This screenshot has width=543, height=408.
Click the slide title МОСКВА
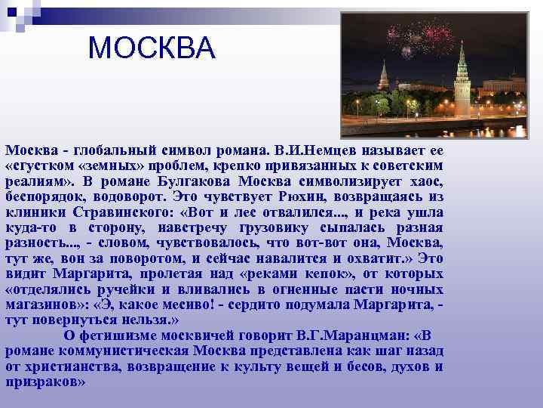point(152,48)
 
